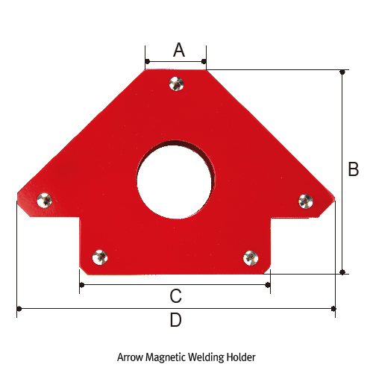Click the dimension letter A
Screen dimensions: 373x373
(x=178, y=50)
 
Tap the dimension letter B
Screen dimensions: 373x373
(x=354, y=170)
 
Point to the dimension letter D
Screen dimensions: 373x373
(x=175, y=320)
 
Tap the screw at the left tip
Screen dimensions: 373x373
(x=45, y=199)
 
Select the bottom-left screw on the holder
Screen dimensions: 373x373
(x=99, y=257)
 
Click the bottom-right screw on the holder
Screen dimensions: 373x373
(x=251, y=257)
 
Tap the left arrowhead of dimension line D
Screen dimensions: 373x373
(x=18, y=307)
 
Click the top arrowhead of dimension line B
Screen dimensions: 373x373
(x=342, y=72)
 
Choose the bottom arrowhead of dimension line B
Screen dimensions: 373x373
(x=342, y=272)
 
